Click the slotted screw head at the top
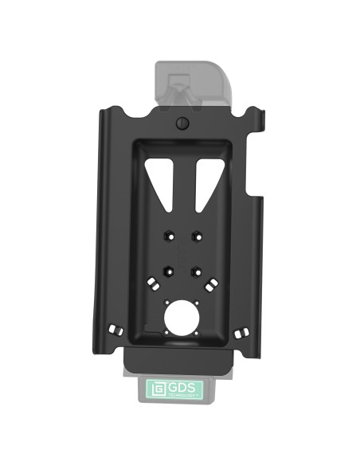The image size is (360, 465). tap(182, 123)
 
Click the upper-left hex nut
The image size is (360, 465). tap(168, 236)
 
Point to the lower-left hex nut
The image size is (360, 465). tap(168, 269)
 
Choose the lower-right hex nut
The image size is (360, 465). tap(195, 269)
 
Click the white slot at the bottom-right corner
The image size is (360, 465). tap(245, 329)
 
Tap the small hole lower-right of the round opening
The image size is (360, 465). tap(197, 330)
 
